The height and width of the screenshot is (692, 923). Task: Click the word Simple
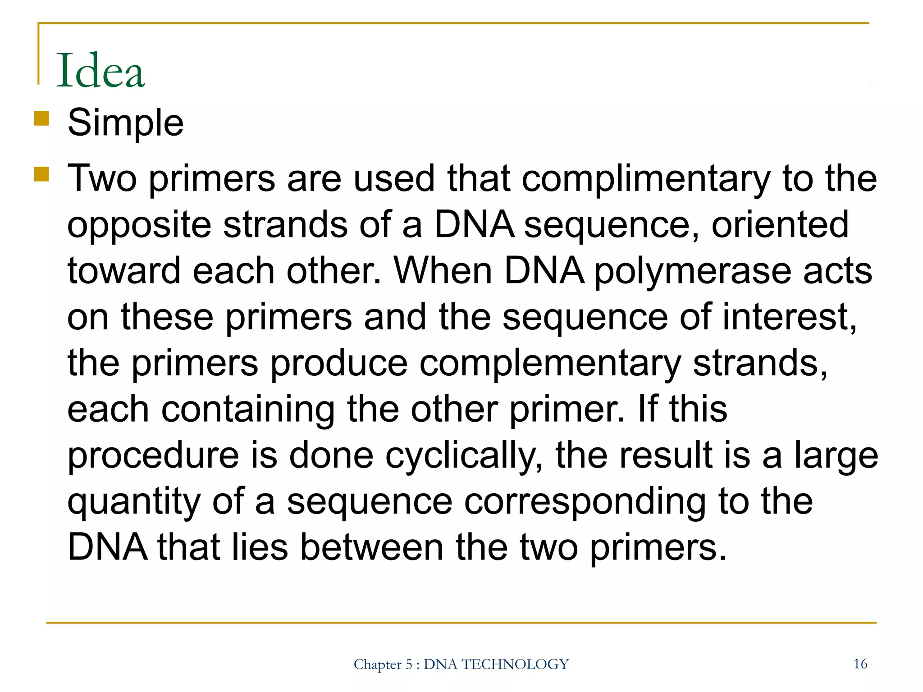125,123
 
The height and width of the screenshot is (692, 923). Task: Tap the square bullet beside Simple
41,119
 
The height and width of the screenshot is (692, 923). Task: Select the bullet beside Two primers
41,174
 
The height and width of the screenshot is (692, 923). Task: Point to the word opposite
139,225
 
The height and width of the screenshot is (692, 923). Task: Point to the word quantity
134,503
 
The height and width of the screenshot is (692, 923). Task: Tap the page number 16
860,664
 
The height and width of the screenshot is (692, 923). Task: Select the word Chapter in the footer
377,665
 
